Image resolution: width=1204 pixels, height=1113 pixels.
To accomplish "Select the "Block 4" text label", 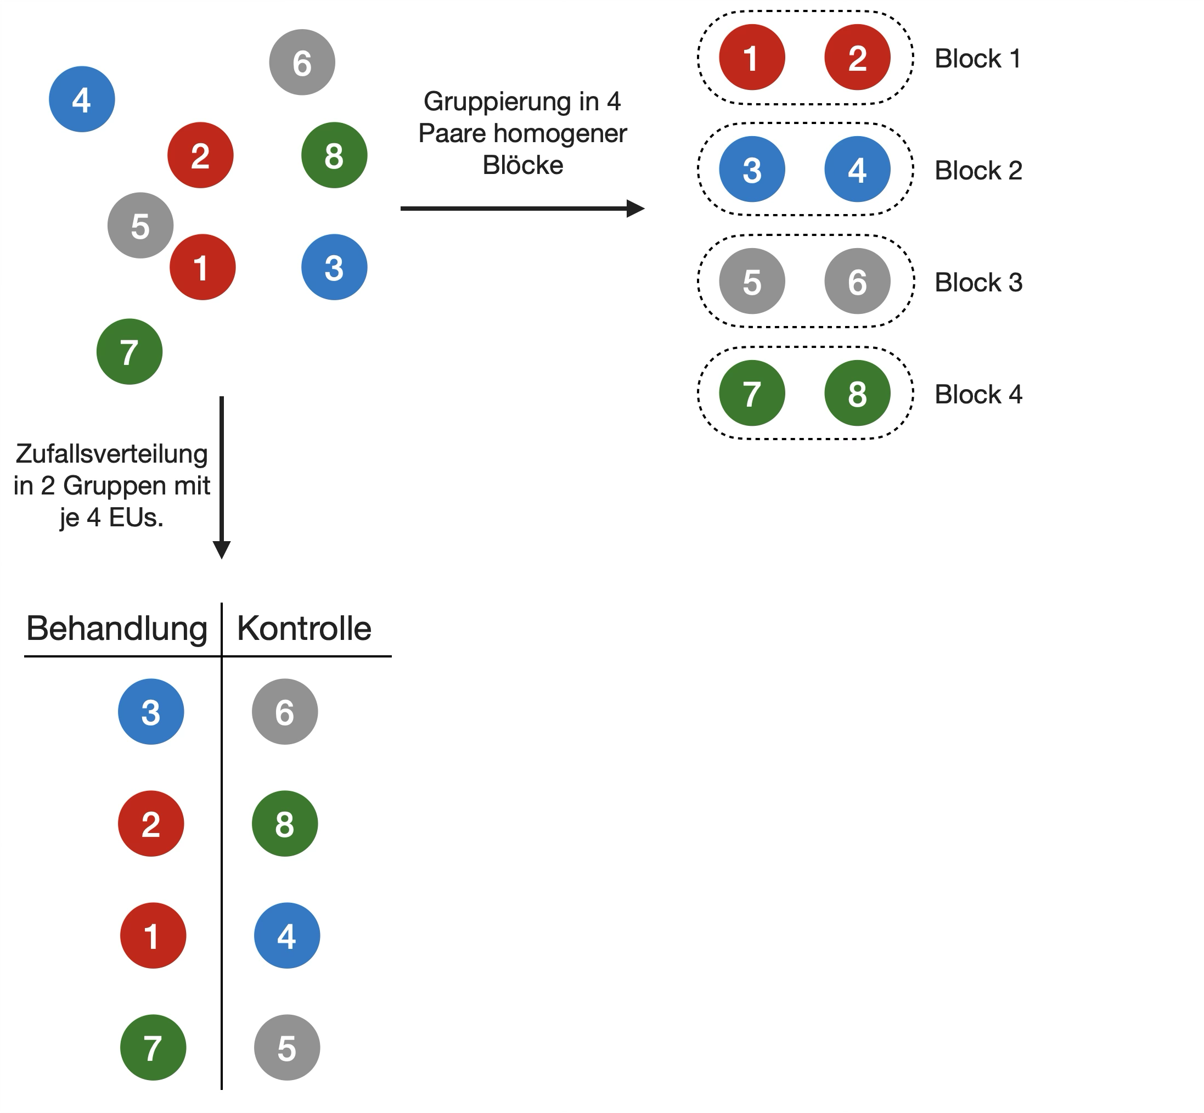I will pyautogui.click(x=978, y=395).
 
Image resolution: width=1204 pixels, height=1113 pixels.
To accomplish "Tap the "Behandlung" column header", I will pyautogui.click(x=117, y=629).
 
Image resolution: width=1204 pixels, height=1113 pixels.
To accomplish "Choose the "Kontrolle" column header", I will pyautogui.click(x=304, y=629).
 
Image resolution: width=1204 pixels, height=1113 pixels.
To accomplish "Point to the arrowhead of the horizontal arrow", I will pyautogui.click(x=636, y=209).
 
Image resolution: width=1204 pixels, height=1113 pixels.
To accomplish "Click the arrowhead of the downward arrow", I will pyautogui.click(x=222, y=549).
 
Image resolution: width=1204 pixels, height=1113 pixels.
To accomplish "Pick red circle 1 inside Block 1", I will pyautogui.click(x=752, y=58).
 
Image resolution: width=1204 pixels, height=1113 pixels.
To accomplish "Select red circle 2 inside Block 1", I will pyautogui.click(x=857, y=58).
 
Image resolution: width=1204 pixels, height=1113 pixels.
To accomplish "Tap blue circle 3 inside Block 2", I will pyautogui.click(x=752, y=169).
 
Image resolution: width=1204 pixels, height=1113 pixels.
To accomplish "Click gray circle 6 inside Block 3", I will pyautogui.click(x=857, y=281).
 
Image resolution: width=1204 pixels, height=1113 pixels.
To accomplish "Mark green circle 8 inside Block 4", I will pyautogui.click(x=857, y=394).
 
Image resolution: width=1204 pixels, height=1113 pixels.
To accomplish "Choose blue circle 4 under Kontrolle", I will pyautogui.click(x=286, y=935).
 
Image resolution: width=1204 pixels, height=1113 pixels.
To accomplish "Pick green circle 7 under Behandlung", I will pyautogui.click(x=153, y=1047).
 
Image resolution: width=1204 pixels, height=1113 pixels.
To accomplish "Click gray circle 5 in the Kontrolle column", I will pyautogui.click(x=286, y=1047).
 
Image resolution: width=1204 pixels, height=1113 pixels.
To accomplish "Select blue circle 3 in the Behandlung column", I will pyautogui.click(x=150, y=712).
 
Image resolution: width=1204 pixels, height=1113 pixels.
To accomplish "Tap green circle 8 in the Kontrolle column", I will pyautogui.click(x=284, y=824).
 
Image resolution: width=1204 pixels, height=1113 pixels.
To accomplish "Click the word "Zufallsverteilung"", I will pyautogui.click(x=111, y=454).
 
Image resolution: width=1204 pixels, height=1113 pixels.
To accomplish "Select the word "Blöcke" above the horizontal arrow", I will pyautogui.click(x=523, y=166).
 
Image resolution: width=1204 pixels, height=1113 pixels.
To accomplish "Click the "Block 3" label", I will pyautogui.click(x=978, y=283).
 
